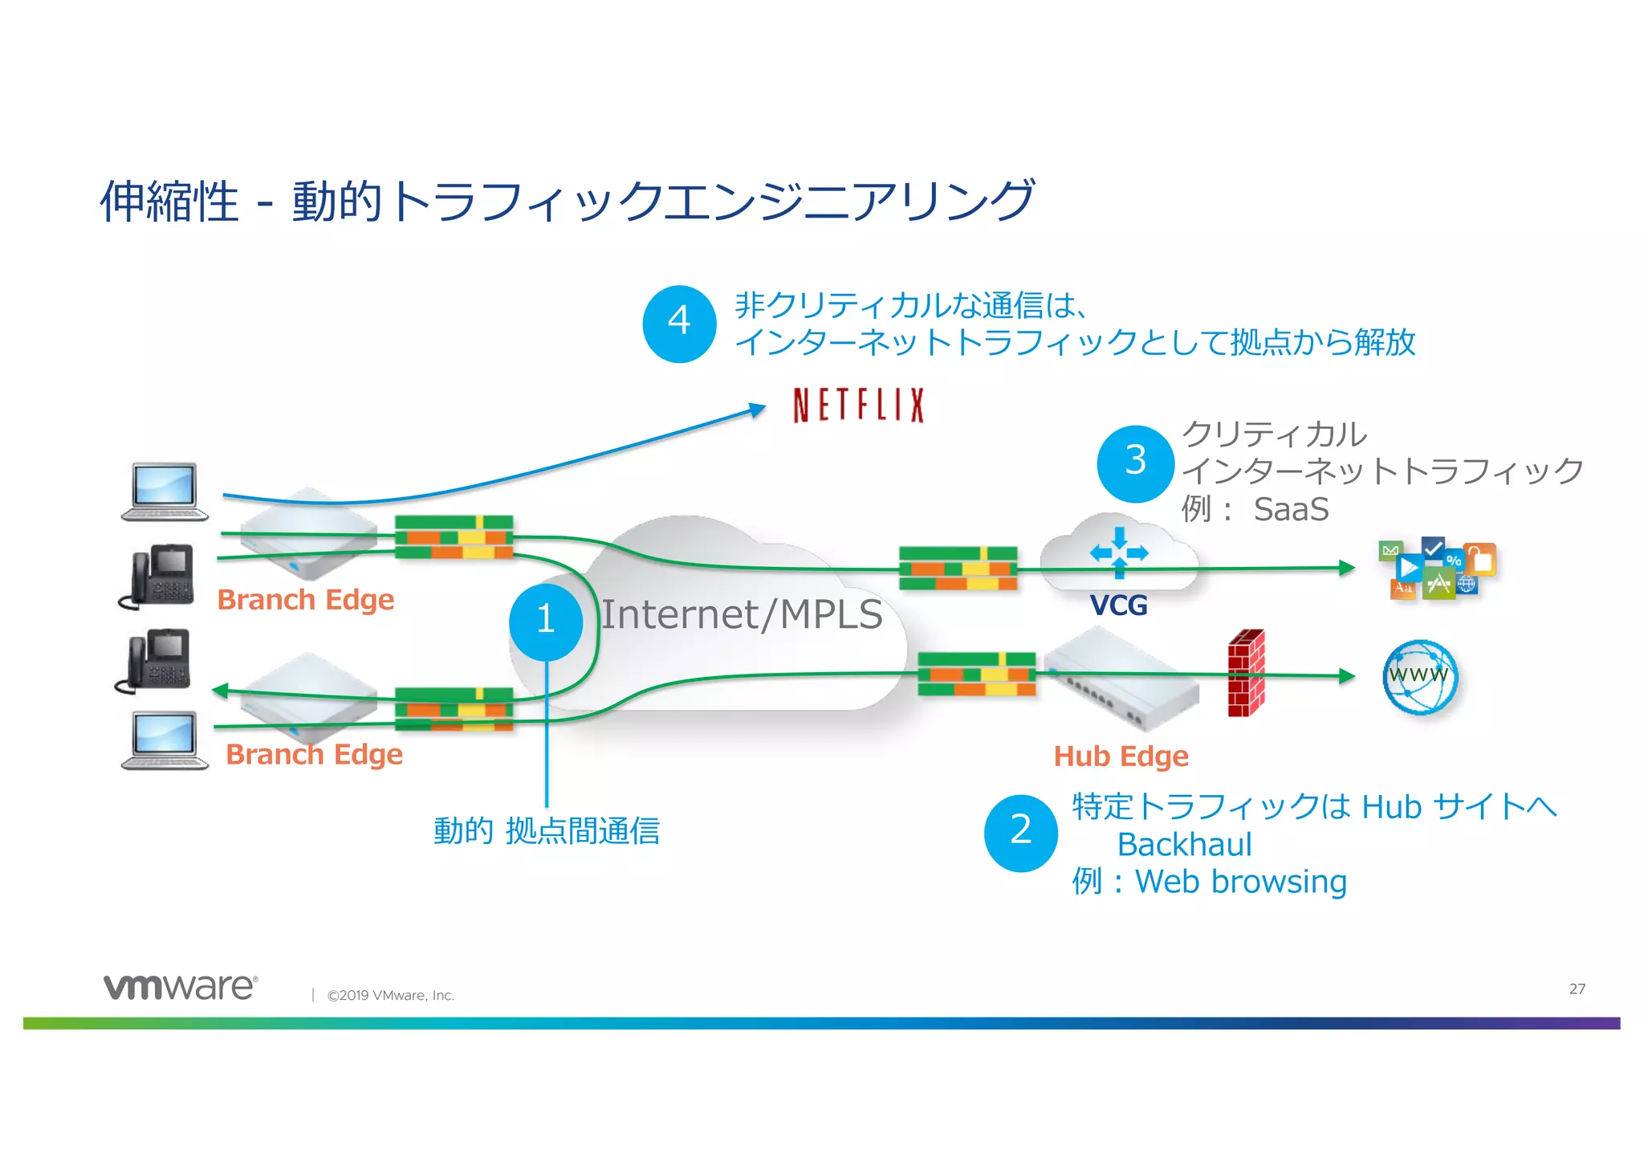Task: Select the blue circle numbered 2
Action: pyautogui.click(x=1020, y=832)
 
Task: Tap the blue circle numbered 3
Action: pyautogui.click(x=1135, y=463)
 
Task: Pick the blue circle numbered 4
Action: pyautogui.click(x=679, y=323)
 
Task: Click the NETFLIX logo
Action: pyautogui.click(x=858, y=405)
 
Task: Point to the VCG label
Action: pyautogui.click(x=1118, y=605)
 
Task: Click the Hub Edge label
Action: pyautogui.click(x=1121, y=756)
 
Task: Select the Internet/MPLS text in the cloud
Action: pyautogui.click(x=742, y=615)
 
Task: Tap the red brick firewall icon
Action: pyautogui.click(x=1246, y=673)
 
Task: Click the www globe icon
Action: pyautogui.click(x=1419, y=677)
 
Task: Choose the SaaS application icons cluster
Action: pyautogui.click(x=1437, y=569)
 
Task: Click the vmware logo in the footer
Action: pyautogui.click(x=181, y=987)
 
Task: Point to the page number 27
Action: pyautogui.click(x=1577, y=989)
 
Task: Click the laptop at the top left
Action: pyautogui.click(x=165, y=491)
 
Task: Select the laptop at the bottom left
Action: pyautogui.click(x=165, y=740)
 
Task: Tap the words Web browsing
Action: pyautogui.click(x=1240, y=882)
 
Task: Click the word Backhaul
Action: pyautogui.click(x=1184, y=845)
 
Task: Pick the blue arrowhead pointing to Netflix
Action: pyautogui.click(x=757, y=410)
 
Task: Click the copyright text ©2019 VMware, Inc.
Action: pyautogui.click(x=390, y=996)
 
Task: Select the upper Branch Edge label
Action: pyautogui.click(x=306, y=600)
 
